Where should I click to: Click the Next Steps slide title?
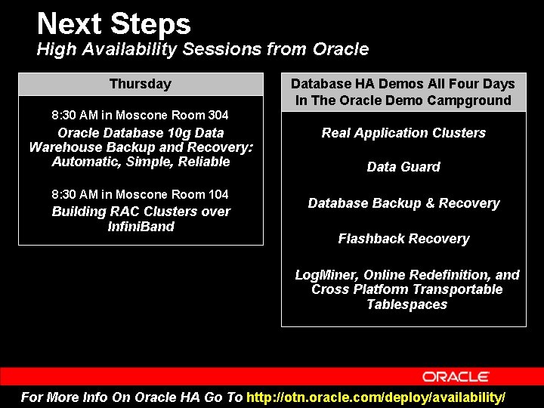113,23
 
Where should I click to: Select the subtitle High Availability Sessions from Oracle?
202,50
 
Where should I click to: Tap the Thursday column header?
141,84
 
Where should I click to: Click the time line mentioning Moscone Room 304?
140,116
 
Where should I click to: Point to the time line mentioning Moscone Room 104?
140,195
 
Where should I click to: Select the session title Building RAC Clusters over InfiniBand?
141,219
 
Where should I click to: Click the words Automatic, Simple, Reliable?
141,162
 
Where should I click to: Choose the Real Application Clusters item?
403,133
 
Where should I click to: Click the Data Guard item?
403,167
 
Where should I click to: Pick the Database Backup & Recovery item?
403,203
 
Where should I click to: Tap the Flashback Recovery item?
403,239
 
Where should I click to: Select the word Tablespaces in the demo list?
406,304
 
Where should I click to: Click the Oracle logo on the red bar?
456,376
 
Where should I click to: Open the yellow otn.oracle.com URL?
376,397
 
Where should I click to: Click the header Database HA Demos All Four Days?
403,84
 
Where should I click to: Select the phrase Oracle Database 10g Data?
141,132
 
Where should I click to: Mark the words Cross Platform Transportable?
406,289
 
